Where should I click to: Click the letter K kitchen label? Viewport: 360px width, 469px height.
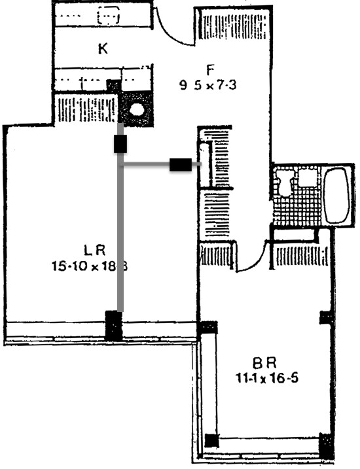(103, 48)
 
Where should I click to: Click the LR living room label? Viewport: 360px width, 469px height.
(95, 250)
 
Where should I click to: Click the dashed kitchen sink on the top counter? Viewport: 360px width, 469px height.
(108, 14)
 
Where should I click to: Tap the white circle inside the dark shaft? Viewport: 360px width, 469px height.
(137, 109)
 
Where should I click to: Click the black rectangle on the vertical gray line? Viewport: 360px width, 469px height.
(120, 144)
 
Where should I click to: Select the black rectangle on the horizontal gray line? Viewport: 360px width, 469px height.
(181, 165)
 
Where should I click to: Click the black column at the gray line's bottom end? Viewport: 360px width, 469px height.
(114, 325)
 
